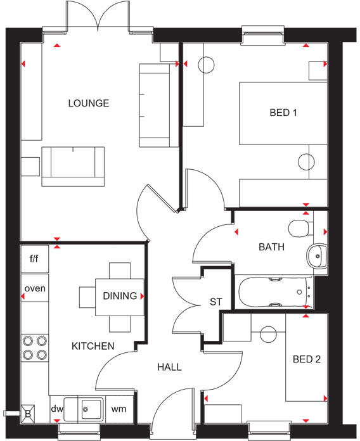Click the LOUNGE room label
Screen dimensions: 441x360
click(88, 103)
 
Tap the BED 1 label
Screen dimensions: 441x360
click(283, 113)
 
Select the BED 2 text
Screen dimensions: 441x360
click(307, 360)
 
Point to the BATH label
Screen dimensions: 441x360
click(271, 248)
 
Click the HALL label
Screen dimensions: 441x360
click(169, 367)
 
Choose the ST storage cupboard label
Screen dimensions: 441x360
click(216, 302)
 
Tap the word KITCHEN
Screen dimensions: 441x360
click(93, 346)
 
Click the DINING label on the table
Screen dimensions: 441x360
click(120, 296)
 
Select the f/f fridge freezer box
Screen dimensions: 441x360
click(35, 259)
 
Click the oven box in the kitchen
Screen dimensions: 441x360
click(35, 289)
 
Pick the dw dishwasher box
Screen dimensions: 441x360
click(57, 409)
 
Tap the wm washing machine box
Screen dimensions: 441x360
click(119, 409)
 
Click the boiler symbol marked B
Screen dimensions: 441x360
click(27, 412)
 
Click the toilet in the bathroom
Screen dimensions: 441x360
click(299, 227)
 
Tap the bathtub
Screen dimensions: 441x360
click(274, 292)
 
